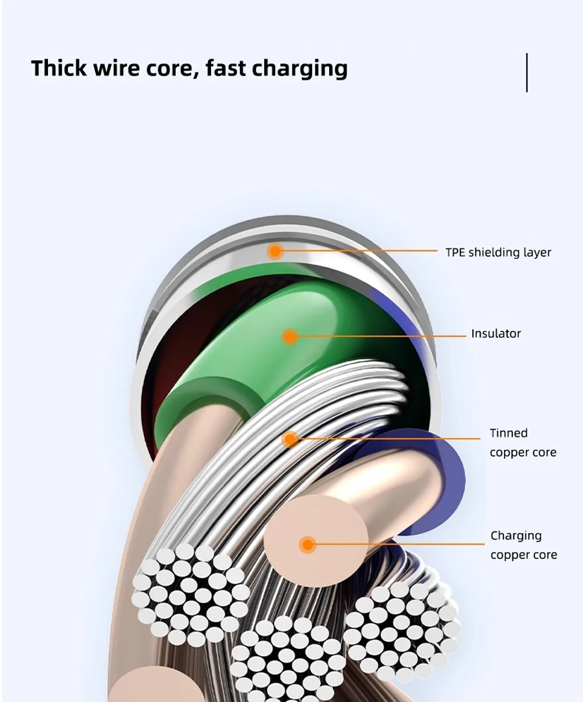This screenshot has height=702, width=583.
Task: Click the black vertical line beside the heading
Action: (x=527, y=72)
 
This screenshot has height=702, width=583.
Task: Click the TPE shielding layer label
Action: (x=497, y=252)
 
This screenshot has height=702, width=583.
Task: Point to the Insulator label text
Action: (x=496, y=334)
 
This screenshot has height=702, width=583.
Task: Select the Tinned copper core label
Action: (x=523, y=443)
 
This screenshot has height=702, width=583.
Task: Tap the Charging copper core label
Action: (x=523, y=545)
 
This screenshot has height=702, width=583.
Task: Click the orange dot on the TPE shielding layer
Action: (x=275, y=251)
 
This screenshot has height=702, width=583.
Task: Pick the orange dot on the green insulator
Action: (x=290, y=336)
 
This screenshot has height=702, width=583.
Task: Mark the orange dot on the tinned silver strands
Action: (x=291, y=439)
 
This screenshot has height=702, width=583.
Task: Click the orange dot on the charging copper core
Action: (x=308, y=545)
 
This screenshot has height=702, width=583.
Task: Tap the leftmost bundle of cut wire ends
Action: (x=189, y=594)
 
